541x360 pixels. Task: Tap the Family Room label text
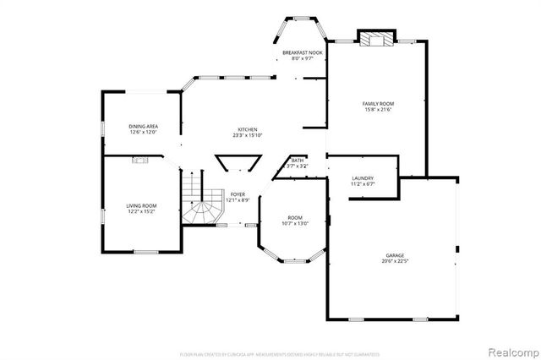(x=377, y=103)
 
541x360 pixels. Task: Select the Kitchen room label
(x=247, y=129)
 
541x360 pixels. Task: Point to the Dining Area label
(x=144, y=126)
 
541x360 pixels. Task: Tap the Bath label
(x=298, y=160)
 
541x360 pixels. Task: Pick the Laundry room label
(x=363, y=177)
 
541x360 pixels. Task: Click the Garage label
(x=395, y=254)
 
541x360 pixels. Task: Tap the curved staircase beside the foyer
(x=200, y=204)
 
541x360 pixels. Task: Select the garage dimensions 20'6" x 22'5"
(x=395, y=261)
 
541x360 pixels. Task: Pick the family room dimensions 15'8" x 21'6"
(x=377, y=110)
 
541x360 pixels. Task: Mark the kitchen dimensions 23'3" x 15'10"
(x=247, y=135)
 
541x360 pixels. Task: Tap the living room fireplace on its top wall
(x=140, y=159)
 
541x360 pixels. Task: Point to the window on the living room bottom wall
(x=147, y=252)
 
